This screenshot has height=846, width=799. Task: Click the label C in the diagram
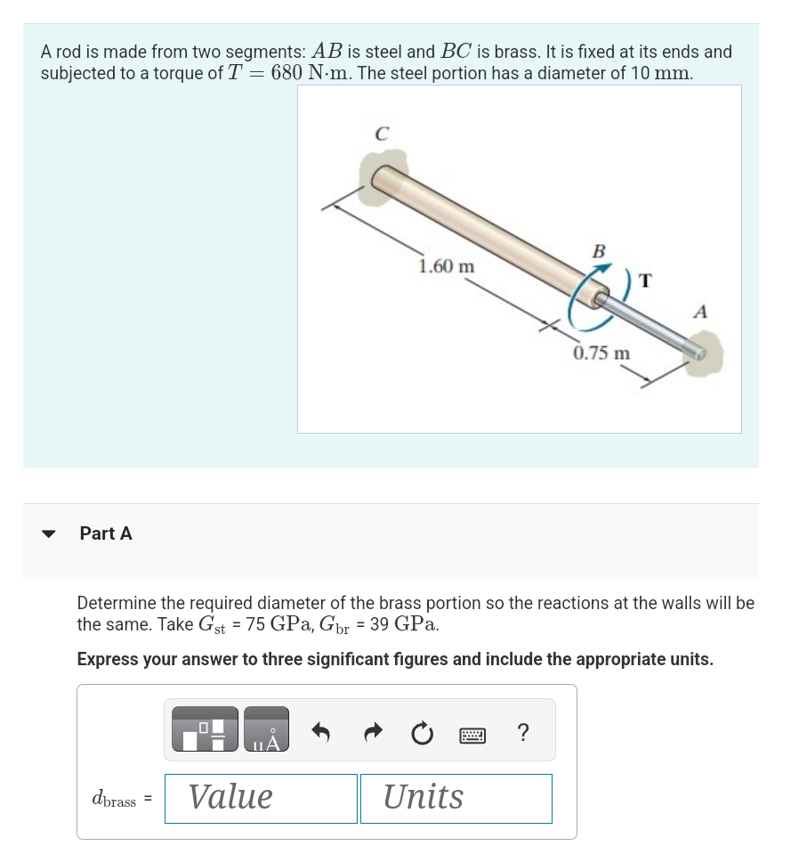pyautogui.click(x=381, y=135)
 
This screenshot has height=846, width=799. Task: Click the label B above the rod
pyautogui.click(x=599, y=252)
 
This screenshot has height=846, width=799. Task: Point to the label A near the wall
pyautogui.click(x=700, y=312)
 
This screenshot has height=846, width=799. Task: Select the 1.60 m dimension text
pyautogui.click(x=447, y=266)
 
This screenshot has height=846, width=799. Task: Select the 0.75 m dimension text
pyautogui.click(x=601, y=354)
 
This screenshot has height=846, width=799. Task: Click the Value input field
pyautogui.click(x=261, y=798)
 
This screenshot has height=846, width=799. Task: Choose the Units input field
pyautogui.click(x=456, y=798)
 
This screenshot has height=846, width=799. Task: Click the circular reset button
pyautogui.click(x=421, y=733)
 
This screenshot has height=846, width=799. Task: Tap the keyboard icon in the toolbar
pyautogui.click(x=472, y=734)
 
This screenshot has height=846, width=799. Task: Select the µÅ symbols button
pyautogui.click(x=266, y=729)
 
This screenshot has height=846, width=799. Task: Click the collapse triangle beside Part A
pyautogui.click(x=50, y=534)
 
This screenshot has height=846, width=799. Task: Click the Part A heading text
pyautogui.click(x=106, y=533)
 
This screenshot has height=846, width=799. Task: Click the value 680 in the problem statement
pyautogui.click(x=287, y=73)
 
